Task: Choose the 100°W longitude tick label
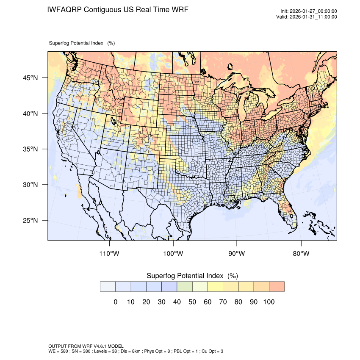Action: coord(173,254)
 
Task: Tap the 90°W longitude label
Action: coord(237,254)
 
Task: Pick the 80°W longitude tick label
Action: coord(301,254)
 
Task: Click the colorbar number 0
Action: coord(115,302)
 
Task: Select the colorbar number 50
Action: coord(192,302)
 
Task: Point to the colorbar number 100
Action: coord(269,302)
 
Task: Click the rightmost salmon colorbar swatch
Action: coord(277,287)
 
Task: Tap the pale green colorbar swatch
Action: coord(184,287)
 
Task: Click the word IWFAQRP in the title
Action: coord(64,9)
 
